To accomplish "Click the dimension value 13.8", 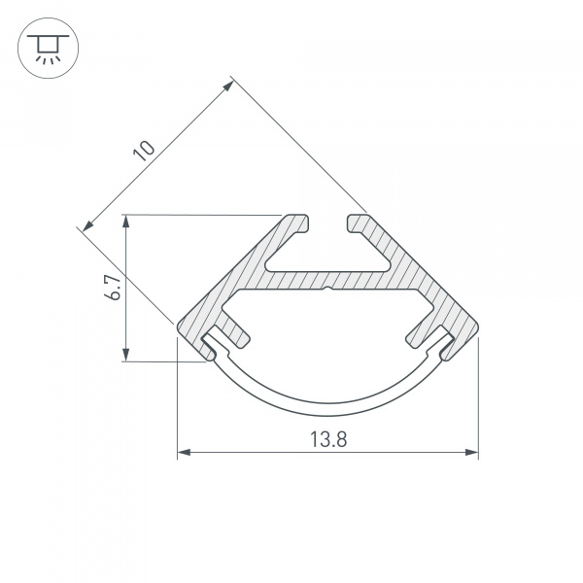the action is [328, 439].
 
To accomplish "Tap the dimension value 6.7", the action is [113, 288].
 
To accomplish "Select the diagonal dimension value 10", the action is [144, 151].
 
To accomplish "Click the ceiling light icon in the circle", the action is [48, 49].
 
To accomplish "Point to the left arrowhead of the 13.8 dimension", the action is [184, 452].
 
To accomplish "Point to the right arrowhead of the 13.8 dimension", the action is [471, 452].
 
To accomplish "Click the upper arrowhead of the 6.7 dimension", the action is [126, 221].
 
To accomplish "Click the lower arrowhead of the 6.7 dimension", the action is [126, 355].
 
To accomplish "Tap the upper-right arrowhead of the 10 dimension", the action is [228, 86].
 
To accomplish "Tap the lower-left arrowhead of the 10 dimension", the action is [88, 225].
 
